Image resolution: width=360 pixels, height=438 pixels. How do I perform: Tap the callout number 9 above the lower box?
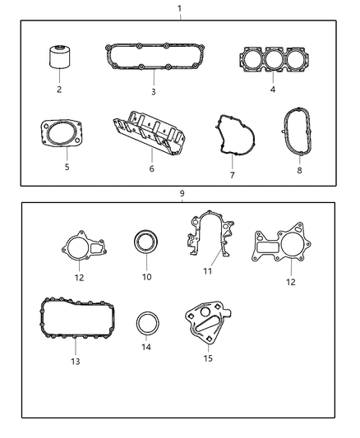[182, 193]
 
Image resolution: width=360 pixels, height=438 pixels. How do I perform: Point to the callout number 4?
[271, 89]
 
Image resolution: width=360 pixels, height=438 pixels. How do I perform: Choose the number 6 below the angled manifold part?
[150, 168]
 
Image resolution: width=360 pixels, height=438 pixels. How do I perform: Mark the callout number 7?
[232, 175]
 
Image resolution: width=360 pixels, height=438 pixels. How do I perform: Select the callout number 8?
[299, 172]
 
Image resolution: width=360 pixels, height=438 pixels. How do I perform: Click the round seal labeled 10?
[146, 246]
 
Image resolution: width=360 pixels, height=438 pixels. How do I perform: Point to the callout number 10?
[146, 277]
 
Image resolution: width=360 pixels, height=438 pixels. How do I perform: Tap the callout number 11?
[208, 271]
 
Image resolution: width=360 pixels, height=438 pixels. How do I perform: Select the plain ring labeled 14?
[146, 323]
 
